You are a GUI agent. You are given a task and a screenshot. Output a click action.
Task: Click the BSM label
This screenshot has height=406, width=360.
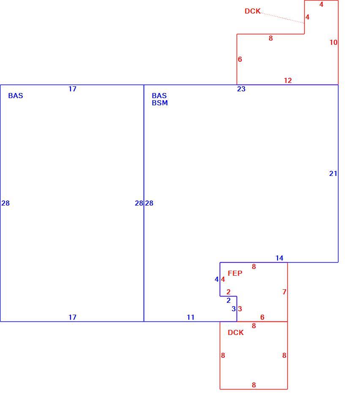[160, 103]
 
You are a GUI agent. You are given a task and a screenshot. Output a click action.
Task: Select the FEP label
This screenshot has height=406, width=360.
[235, 273]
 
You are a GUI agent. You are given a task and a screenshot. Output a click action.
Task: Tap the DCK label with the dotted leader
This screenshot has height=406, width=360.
[252, 11]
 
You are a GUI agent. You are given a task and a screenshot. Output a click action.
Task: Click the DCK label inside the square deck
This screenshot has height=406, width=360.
[235, 332]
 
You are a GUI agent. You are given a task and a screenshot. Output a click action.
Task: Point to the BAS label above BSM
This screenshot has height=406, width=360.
[159, 96]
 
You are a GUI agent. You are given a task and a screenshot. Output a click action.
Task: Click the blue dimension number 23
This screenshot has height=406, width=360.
[241, 89]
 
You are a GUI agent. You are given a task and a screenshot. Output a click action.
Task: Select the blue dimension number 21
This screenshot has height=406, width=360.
[333, 173]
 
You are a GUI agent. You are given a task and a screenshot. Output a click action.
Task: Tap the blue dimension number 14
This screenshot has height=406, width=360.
[279, 258]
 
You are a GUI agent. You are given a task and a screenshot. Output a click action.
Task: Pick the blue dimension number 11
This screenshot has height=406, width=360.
[191, 317]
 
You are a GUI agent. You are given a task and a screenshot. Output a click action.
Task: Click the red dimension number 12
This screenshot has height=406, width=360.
[288, 80]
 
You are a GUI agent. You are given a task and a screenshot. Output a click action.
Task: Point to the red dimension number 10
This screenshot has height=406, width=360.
[333, 42]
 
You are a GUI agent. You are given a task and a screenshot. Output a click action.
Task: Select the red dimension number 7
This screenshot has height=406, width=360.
[284, 292]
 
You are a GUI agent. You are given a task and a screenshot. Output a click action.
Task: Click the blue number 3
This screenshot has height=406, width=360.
[234, 309]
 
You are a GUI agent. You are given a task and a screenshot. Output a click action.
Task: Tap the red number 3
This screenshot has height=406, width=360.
[240, 309]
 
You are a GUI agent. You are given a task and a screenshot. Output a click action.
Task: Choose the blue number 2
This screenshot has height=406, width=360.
[228, 300]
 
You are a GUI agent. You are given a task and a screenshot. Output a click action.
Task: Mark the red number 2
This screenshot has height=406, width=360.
[228, 292]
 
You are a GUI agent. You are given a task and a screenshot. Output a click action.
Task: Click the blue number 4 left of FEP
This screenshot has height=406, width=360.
[217, 279]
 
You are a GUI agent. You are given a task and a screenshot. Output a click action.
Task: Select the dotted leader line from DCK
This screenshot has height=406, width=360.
[282, 18]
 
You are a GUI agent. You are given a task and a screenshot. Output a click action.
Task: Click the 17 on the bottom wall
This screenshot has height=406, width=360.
[72, 317]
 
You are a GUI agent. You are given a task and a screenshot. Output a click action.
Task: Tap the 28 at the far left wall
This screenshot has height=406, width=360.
[5, 203]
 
